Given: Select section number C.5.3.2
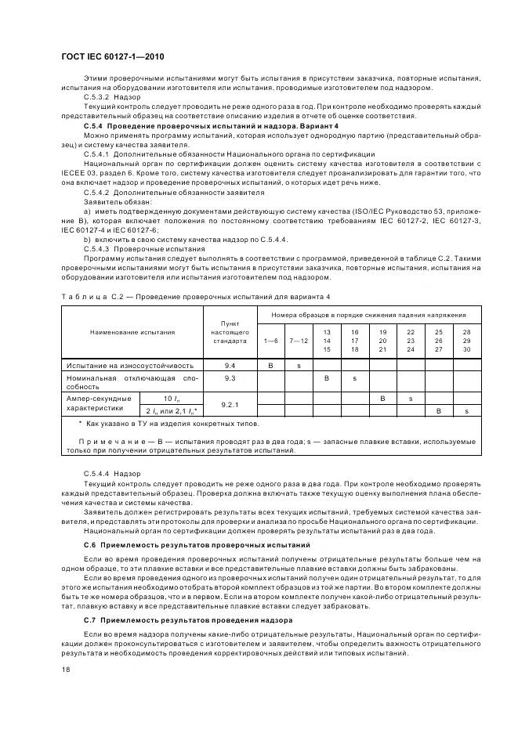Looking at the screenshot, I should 96,97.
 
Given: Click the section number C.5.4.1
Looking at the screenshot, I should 97,156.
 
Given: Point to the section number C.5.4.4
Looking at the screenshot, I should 96,475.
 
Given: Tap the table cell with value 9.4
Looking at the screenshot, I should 230,365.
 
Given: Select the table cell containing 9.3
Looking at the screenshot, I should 230,378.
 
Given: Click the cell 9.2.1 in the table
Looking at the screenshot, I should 230,405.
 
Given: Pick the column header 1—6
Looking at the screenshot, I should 270,341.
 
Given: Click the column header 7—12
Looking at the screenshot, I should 299,341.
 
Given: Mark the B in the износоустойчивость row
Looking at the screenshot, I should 270,365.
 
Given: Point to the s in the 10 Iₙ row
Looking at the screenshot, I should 411,399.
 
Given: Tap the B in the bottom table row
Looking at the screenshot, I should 439,411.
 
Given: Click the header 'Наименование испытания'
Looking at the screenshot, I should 132,332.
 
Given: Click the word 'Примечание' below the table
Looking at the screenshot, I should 100,442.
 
